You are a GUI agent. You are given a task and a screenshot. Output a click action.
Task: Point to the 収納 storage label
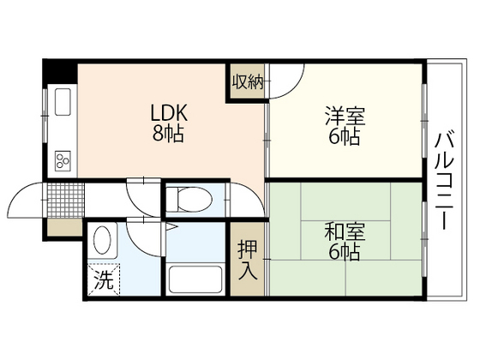245,81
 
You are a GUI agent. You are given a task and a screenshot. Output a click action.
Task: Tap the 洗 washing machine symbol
103,279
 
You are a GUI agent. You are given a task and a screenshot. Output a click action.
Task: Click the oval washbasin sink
102,239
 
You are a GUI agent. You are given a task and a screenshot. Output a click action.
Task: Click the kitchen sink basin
63,105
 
